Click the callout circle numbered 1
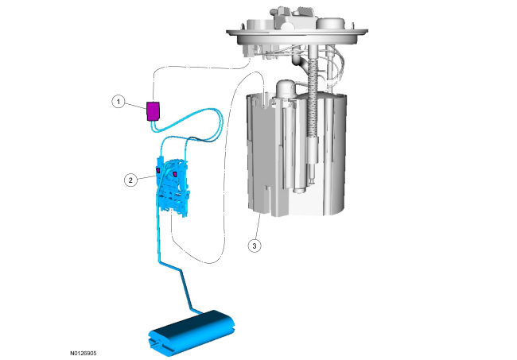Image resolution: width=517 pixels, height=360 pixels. coord(119,102)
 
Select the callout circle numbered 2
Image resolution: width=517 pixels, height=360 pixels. coord(131,180)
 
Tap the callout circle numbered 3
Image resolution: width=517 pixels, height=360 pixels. coord(255,246)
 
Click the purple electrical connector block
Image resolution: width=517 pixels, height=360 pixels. coord(153,111)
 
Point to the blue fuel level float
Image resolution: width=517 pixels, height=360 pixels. coord(192,333)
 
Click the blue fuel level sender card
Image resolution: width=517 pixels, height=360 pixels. coord(173,188)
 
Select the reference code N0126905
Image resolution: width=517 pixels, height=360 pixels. coord(83,353)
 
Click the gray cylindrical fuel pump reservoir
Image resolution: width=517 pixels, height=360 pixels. coord(297,155)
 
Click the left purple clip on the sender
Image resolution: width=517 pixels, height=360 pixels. coord(158,170)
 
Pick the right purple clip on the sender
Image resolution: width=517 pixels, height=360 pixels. coord(175,173)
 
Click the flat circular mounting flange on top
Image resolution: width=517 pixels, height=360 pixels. coord(297,33)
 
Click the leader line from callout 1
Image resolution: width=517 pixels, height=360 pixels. coord(136,105)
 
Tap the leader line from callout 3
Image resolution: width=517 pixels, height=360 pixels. coord(258,226)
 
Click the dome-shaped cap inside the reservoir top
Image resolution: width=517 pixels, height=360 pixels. coord(286,87)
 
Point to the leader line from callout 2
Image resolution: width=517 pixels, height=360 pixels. coord(146,178)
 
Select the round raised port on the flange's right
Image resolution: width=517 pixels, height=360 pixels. coord(331,23)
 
